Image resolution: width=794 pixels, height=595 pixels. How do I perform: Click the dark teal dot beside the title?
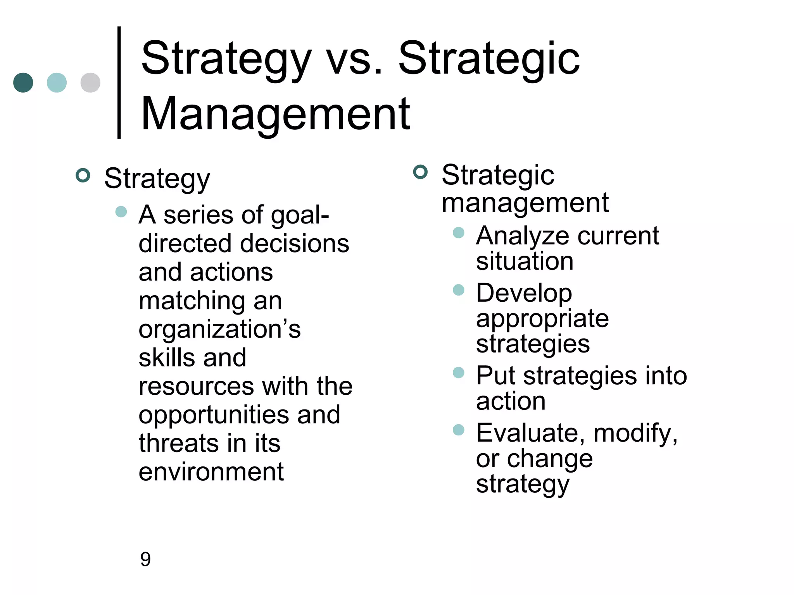pos(23,83)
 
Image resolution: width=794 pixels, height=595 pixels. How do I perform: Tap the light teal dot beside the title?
pos(57,83)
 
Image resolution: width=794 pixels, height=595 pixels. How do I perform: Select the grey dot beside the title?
pos(90,83)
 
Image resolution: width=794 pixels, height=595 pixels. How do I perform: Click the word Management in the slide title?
pos(275,114)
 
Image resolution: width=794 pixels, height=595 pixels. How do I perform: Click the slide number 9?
pos(145,559)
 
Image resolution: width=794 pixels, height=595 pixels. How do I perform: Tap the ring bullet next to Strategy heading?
pos(83,175)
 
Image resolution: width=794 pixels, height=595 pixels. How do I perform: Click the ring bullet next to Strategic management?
pos(420,172)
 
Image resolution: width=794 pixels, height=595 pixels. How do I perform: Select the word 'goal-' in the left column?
pos(300,215)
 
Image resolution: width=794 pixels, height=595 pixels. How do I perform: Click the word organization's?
pos(219,329)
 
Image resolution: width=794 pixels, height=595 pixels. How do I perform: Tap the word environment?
pos(211,472)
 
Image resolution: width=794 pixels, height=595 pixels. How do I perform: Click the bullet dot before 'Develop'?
pos(459,290)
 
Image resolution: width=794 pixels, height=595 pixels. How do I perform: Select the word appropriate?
pos(542,319)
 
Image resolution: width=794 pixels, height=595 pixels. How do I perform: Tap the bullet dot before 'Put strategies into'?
pos(459,373)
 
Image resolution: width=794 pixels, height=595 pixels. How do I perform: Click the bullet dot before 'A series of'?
pos(121,212)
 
